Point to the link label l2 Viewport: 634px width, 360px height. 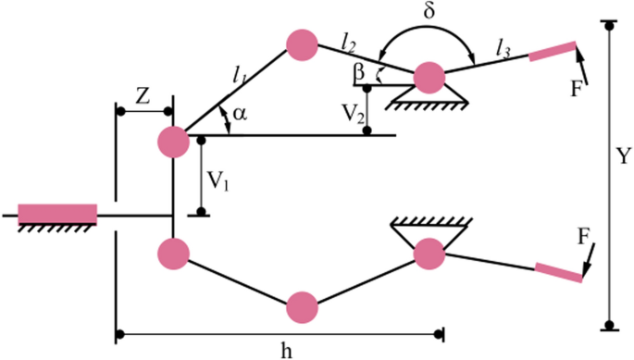point(348,40)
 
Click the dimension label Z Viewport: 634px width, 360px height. point(143,95)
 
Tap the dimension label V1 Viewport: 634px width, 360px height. point(218,179)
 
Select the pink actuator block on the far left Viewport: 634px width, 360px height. point(57,214)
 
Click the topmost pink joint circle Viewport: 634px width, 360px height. point(302,43)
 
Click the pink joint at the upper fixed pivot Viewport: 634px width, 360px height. point(429,77)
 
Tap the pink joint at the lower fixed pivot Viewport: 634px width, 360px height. point(429,252)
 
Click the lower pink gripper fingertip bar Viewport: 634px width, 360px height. point(560,272)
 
